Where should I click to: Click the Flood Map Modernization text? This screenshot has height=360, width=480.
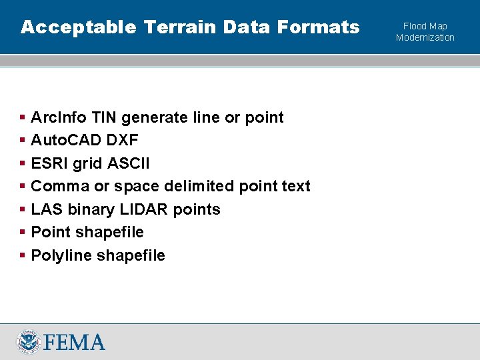[x=425, y=31]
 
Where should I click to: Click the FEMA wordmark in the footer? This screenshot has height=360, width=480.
[x=74, y=342]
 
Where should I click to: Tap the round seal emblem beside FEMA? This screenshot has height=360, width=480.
[x=29, y=341]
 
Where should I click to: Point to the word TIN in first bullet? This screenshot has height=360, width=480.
[x=103, y=117]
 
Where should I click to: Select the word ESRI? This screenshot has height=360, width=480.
[x=50, y=163]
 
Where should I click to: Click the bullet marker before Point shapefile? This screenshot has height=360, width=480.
[x=23, y=232]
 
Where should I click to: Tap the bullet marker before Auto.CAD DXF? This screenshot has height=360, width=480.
[x=23, y=141]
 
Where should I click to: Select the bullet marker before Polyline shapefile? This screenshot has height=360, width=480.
[x=23, y=255]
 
